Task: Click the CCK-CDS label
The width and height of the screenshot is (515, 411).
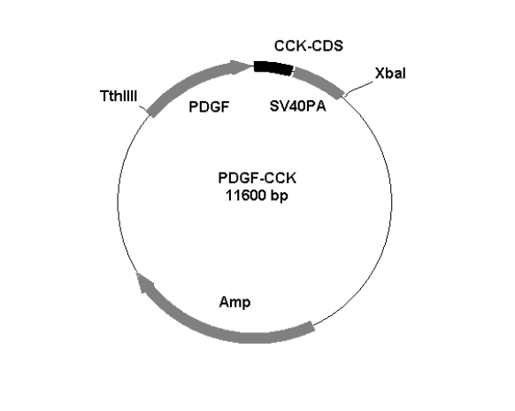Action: [x=309, y=46]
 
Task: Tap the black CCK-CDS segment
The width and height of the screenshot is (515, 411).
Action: [x=273, y=67]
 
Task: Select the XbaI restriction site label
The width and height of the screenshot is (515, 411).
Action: [x=390, y=74]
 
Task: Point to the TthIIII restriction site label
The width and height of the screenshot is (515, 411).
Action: [x=119, y=97]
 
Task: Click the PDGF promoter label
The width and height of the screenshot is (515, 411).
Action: [x=209, y=107]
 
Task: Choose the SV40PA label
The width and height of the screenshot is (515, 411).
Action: [x=297, y=106]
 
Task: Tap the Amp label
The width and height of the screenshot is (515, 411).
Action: [x=234, y=302]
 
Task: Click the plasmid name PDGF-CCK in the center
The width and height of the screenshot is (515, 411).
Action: [x=257, y=178]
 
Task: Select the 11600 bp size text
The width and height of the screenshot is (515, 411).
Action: [x=257, y=195]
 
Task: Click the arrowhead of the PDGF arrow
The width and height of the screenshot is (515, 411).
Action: [x=240, y=66]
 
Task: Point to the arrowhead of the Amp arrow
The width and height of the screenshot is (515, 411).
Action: [x=144, y=282]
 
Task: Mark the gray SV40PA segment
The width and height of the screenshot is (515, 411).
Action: [x=318, y=81]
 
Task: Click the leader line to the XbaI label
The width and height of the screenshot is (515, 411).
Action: [x=358, y=88]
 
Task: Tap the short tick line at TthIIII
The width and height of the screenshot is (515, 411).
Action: [x=143, y=108]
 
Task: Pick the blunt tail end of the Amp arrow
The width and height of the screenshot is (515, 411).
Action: [x=312, y=327]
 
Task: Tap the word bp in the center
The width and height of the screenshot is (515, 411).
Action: [x=280, y=196]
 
